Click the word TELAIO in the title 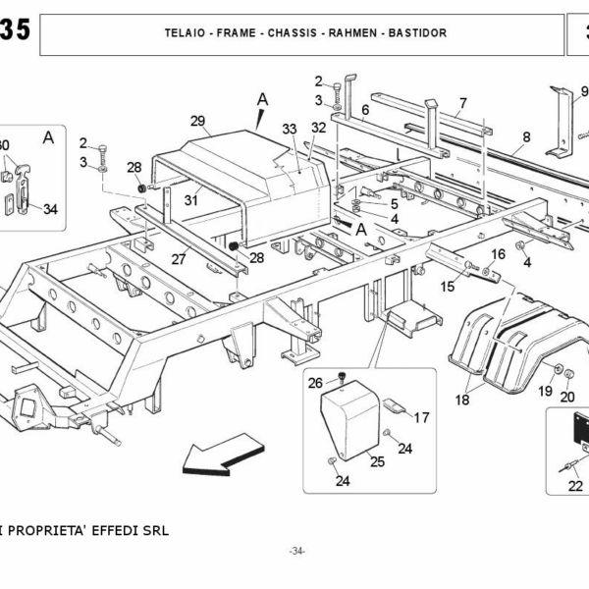click(186, 32)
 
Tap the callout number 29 click(197, 121)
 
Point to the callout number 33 click(289, 129)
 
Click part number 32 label click(318, 128)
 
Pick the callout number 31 click(190, 200)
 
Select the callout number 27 click(178, 260)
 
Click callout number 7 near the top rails click(462, 102)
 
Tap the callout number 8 click(526, 136)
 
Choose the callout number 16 click(498, 253)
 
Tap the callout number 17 click(421, 417)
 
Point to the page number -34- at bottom click(296, 551)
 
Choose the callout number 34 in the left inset click(51, 208)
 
